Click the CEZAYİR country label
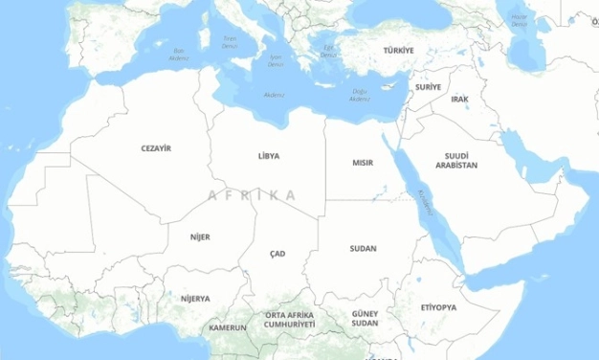(156, 148)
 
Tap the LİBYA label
(269, 155)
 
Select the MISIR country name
(363, 163)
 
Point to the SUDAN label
(363, 248)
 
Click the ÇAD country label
(277, 254)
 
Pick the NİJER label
(200, 236)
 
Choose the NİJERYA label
(195, 298)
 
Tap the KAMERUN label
(228, 327)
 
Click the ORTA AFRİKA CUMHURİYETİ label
(290, 320)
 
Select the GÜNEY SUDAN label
(365, 318)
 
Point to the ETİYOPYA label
(439, 307)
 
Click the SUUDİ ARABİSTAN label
(456, 160)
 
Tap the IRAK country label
(460, 99)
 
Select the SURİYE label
(428, 87)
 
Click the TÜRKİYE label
(399, 50)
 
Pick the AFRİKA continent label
(252, 195)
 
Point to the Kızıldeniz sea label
(425, 202)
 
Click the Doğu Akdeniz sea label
(359, 95)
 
